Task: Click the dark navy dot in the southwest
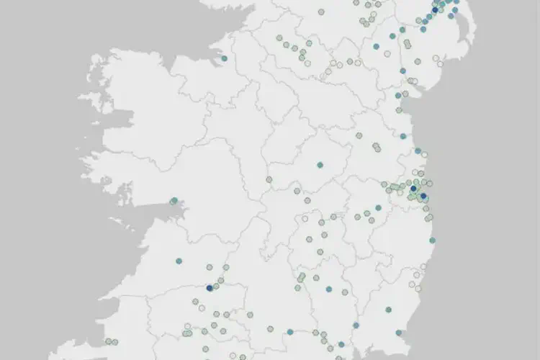point(210,287)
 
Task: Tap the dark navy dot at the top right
point(435,10)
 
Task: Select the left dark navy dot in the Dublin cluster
point(413,189)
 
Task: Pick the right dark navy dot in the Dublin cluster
point(423,196)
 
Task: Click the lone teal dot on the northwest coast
point(224,58)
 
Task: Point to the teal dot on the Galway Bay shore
point(174,201)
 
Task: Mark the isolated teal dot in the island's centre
point(320,165)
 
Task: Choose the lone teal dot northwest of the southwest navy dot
point(179,261)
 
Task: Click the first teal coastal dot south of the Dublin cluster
point(432,240)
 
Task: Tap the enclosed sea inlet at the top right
point(464,29)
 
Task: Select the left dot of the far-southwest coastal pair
point(108,341)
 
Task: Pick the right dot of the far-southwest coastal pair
point(114,342)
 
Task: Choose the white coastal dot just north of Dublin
point(425,155)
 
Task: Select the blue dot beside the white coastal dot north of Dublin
point(418,151)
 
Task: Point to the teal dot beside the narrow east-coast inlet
point(398,96)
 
